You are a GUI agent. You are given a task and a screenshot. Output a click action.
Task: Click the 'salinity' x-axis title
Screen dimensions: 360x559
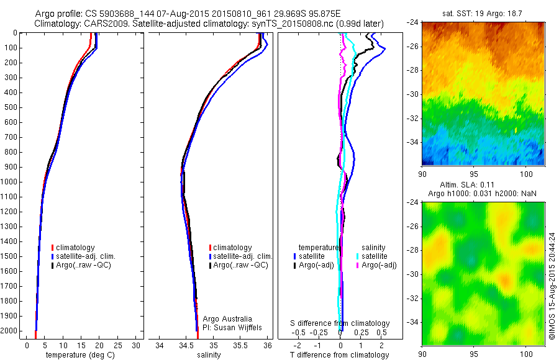point(213,355)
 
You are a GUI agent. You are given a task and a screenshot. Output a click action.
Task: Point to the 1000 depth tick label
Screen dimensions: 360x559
point(11,182)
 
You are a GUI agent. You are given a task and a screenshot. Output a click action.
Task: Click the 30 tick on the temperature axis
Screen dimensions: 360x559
point(135,345)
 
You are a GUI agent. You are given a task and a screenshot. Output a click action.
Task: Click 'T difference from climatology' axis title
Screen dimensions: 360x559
point(340,355)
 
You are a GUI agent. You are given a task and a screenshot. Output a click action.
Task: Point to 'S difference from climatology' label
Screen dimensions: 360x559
point(340,323)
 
